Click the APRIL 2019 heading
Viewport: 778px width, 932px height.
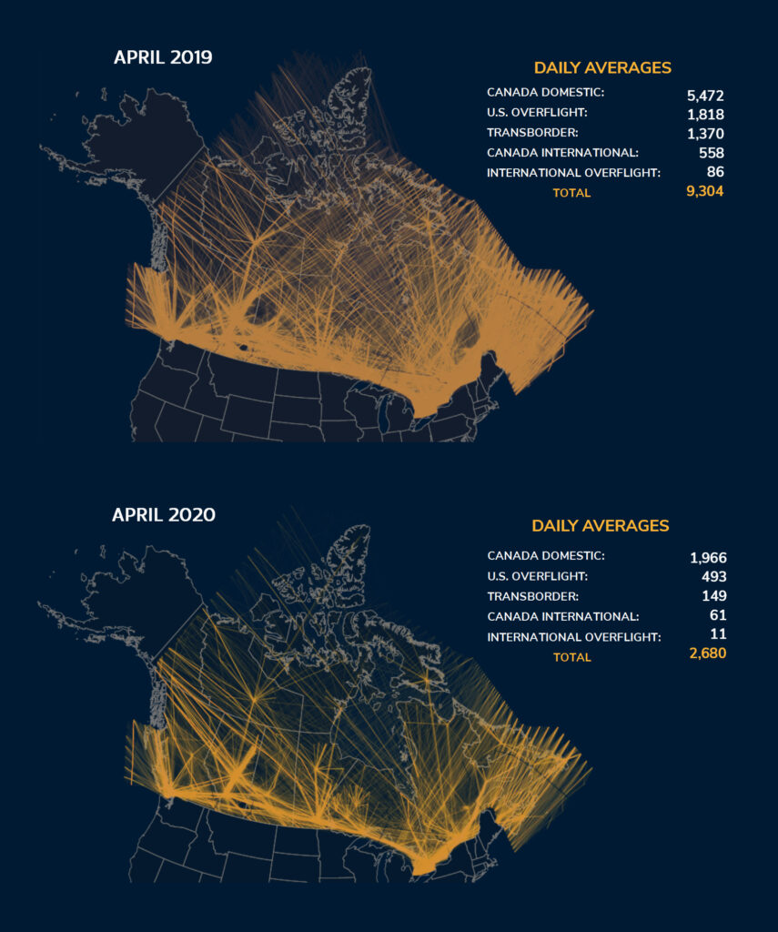pos(163,58)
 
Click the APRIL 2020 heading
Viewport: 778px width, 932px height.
pos(164,515)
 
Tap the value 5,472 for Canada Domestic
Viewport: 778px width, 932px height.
pos(705,95)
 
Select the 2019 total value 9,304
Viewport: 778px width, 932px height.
pos(704,191)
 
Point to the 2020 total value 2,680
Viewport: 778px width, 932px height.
pos(706,655)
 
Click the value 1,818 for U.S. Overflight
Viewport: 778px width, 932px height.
pos(706,114)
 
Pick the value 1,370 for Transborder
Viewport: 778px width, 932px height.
pos(706,133)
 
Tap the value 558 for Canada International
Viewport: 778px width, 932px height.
pos(711,153)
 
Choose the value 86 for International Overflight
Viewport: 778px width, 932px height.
pos(715,172)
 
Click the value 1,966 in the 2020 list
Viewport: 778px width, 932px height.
pos(708,557)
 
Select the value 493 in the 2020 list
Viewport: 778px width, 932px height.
pos(713,576)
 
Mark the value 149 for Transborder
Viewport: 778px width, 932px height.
pos(714,596)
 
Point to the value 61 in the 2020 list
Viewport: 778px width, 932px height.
pos(718,616)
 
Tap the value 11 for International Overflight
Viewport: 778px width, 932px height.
pos(718,636)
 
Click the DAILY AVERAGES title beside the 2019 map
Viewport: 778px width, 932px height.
pos(602,68)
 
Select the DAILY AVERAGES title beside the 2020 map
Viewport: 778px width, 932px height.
pos(601,526)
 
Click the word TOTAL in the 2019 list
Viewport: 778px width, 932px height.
pos(571,193)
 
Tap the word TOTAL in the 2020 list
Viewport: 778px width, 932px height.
pos(571,657)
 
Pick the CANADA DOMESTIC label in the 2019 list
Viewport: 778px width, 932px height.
pos(545,93)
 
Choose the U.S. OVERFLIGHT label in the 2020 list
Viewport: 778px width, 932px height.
pos(537,576)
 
